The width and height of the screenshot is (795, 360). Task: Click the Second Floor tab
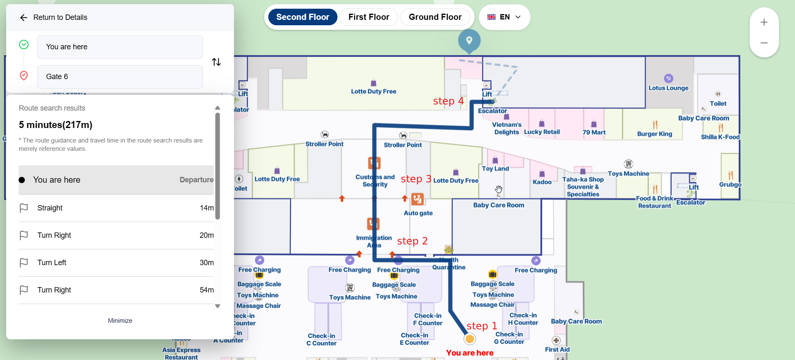click(x=303, y=17)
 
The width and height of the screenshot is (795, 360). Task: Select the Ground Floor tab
click(x=435, y=17)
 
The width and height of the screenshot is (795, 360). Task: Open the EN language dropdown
click(x=504, y=17)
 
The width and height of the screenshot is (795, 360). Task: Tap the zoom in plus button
click(x=764, y=22)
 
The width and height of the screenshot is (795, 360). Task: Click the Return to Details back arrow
click(x=24, y=17)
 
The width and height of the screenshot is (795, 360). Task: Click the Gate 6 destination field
click(x=120, y=77)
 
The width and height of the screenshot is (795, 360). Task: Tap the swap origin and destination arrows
click(x=216, y=62)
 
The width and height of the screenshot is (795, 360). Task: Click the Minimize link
click(x=120, y=321)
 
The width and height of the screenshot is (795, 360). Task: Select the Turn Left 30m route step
click(x=116, y=263)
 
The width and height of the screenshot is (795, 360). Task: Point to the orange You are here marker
click(x=470, y=339)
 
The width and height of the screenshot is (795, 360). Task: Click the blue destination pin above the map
click(x=469, y=41)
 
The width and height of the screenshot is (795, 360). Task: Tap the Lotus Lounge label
click(x=668, y=88)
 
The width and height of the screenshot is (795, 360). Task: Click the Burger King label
click(x=654, y=134)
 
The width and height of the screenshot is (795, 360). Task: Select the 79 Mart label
click(x=594, y=132)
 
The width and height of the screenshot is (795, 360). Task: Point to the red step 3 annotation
click(x=416, y=179)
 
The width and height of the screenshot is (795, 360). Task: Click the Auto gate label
click(x=418, y=213)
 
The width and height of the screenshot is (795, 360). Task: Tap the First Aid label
click(x=557, y=349)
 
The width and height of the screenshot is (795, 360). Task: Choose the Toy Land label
click(x=495, y=169)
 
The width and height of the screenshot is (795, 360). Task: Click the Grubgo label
click(x=730, y=184)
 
